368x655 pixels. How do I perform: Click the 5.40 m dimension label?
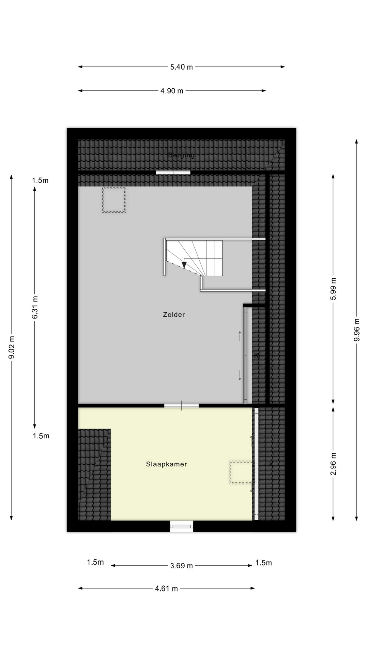[x=181, y=67]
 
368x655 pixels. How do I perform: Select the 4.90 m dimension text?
[x=172, y=91]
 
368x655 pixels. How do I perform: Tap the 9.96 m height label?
[x=356, y=330]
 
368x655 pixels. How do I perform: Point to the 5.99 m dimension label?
[x=333, y=289]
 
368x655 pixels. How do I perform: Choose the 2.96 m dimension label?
[x=333, y=464]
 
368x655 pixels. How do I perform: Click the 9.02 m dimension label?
[x=12, y=347]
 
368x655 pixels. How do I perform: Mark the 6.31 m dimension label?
[x=35, y=307]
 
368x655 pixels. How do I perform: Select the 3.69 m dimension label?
[x=181, y=566]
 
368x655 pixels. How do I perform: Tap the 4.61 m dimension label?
[x=166, y=588]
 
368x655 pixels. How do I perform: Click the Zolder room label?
[x=174, y=315]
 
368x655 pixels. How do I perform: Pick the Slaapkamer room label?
[x=166, y=464]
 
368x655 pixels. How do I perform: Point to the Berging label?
[x=181, y=155]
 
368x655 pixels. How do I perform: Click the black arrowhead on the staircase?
[x=184, y=264]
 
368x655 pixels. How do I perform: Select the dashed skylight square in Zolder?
[x=114, y=200]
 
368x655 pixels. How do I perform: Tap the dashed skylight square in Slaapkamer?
[x=241, y=472]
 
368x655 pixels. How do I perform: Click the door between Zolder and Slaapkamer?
[x=181, y=405]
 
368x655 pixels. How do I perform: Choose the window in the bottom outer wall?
[x=181, y=526]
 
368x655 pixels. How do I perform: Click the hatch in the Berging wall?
[x=173, y=172]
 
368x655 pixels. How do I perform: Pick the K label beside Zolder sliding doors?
[x=257, y=355]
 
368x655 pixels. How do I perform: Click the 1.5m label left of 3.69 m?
[x=95, y=562]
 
